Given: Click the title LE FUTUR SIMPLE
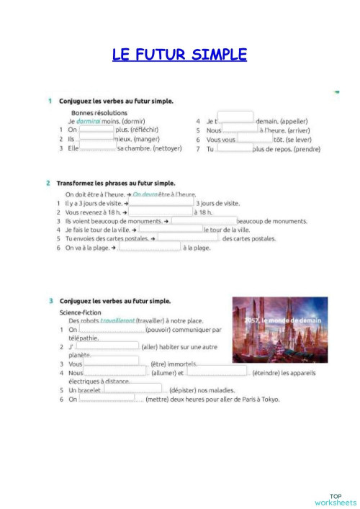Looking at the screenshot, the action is (179, 55).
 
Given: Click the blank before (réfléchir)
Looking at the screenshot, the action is (96, 130).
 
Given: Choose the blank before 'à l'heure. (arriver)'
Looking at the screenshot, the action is (240, 130).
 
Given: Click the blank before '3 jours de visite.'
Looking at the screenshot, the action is (161, 204).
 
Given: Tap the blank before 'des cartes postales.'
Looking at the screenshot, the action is (188, 238).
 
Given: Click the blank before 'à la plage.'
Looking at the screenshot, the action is (150, 247).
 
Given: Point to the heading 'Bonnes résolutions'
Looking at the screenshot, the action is (99, 113).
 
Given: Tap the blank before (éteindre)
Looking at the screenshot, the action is (217, 372).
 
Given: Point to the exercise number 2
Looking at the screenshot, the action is (48, 183).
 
